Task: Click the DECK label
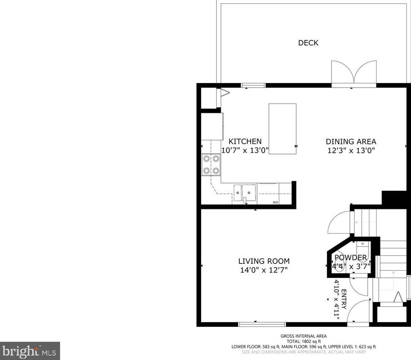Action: (x=308, y=43)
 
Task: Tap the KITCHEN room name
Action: (x=245, y=141)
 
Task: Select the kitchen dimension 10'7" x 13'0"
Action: (x=245, y=150)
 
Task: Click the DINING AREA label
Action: (x=351, y=142)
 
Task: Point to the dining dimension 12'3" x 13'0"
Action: (x=351, y=151)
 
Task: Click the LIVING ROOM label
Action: (x=264, y=261)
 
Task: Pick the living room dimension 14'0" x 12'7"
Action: (x=264, y=270)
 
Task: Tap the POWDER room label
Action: (x=351, y=258)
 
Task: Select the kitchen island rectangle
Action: (x=283, y=129)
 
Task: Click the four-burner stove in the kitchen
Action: (x=211, y=165)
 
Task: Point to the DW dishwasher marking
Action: (x=275, y=202)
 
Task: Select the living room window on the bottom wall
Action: (x=262, y=325)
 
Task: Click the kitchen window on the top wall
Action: (x=253, y=85)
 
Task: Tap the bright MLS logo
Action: (x=30, y=351)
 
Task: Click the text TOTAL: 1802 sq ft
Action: (x=303, y=341)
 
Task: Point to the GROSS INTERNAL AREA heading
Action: (x=303, y=336)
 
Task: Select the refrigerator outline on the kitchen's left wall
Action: (x=213, y=126)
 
